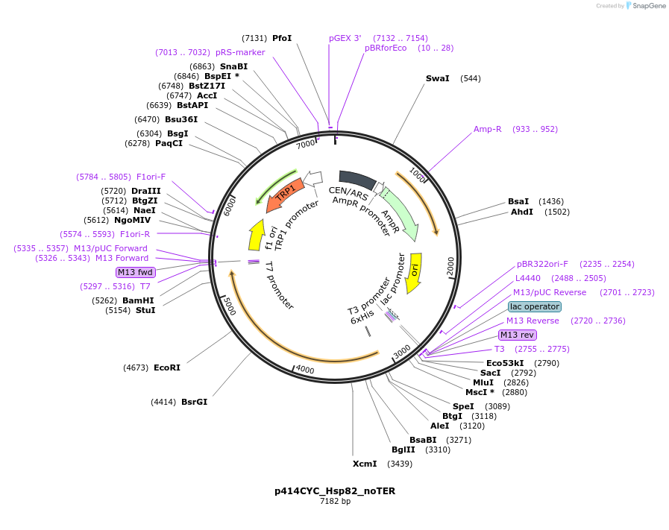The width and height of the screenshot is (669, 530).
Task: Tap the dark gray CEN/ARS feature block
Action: click(x=357, y=180)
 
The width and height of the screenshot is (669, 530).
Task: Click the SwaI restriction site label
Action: click(x=437, y=78)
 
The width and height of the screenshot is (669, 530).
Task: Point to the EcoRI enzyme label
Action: click(x=167, y=367)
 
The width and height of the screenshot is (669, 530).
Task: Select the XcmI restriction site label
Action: click(x=365, y=464)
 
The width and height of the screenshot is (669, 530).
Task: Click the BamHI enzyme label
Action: click(x=138, y=300)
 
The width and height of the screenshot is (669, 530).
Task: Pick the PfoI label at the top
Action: click(x=282, y=38)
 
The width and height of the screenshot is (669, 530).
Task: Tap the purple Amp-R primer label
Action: click(x=488, y=129)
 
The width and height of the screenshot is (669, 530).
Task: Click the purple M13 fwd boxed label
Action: click(x=135, y=272)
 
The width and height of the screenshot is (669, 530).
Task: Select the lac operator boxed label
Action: click(x=535, y=306)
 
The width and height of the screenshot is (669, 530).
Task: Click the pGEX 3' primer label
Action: click(x=345, y=38)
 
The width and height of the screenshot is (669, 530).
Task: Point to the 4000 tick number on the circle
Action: click(x=304, y=369)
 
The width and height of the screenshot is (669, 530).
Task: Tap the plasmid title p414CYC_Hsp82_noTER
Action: click(x=334, y=491)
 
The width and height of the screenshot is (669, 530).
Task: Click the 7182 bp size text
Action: click(x=335, y=502)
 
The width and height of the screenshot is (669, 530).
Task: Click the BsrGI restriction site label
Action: click(x=194, y=402)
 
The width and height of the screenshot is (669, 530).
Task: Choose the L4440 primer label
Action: click(x=528, y=278)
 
